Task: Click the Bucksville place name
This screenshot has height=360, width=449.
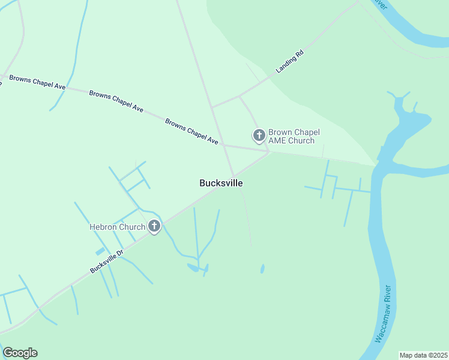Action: coord(221,183)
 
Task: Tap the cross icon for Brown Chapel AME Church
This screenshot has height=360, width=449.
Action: coord(259,136)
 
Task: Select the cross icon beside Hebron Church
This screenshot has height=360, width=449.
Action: coord(154,226)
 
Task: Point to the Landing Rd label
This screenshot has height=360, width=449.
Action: coord(290,61)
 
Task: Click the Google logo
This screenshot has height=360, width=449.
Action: coord(20,353)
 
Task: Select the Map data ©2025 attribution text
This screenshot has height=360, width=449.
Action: coord(423,355)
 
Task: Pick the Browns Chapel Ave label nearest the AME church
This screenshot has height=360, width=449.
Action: coord(191,130)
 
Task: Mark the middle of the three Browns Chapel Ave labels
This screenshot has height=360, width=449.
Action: coord(116,101)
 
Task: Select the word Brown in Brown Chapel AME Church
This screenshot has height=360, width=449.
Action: coord(280,132)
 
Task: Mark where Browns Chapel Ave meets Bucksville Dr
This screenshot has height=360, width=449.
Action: coord(270,152)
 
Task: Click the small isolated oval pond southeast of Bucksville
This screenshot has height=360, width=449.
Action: coord(262,269)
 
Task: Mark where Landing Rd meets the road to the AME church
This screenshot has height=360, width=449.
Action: coord(240,95)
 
